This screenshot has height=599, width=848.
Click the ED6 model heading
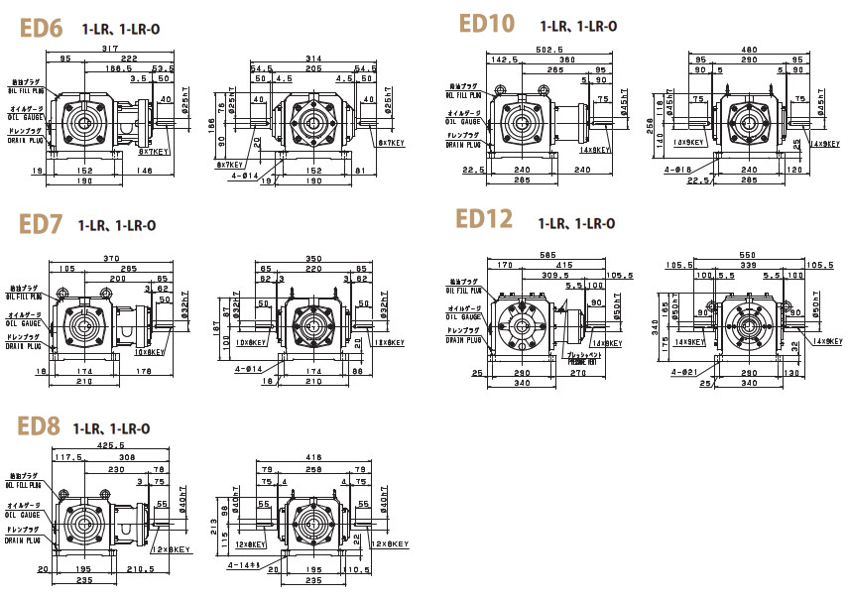[41, 28]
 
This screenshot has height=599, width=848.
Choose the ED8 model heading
[39, 426]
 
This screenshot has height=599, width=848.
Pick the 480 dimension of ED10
[751, 50]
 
